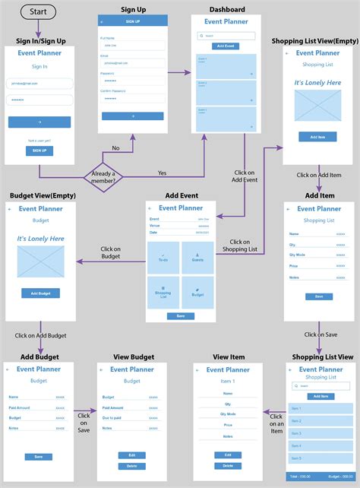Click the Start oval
point(39,12)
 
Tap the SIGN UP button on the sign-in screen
point(39,151)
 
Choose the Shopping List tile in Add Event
point(163,292)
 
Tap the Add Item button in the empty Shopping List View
point(317,137)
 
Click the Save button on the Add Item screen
point(318,296)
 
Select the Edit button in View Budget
point(131,455)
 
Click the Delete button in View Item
point(228,465)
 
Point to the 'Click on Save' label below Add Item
point(321,334)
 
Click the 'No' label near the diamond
point(115,148)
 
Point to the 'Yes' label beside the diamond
point(162,173)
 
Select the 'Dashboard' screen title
point(228,9)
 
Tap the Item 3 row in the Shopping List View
point(319,433)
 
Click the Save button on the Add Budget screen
point(39,456)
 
